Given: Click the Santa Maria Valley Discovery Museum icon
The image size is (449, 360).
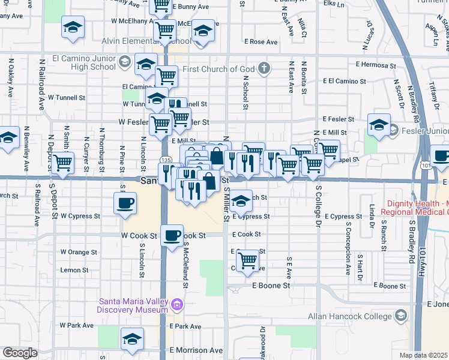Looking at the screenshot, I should click(x=176, y=305).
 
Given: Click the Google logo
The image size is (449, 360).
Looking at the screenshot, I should click(x=20, y=353).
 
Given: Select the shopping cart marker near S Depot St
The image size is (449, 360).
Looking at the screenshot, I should click(x=62, y=163).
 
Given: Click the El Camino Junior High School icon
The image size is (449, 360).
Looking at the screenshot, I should click(x=124, y=62).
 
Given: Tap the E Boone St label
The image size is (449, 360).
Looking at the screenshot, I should click(x=271, y=286).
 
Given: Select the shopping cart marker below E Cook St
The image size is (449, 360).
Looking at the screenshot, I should click(x=247, y=260).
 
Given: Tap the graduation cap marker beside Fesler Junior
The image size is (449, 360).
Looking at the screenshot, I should click(x=379, y=125).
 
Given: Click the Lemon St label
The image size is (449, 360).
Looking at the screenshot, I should click(x=74, y=271).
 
